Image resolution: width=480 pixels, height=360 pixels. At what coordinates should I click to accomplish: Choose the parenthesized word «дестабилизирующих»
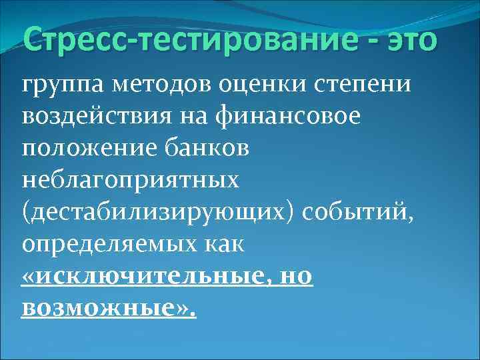coord(159,213)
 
